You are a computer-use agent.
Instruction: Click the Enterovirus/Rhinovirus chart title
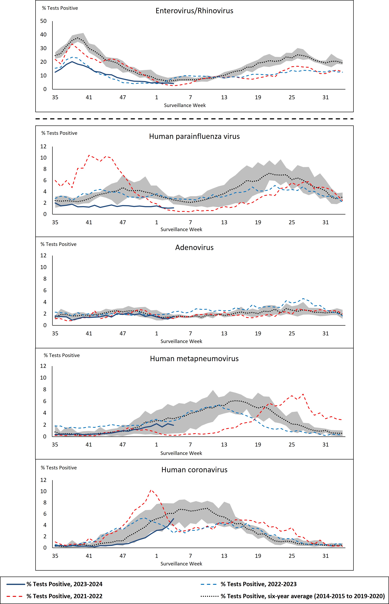[194, 11]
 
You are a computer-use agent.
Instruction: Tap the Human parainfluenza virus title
[194, 136]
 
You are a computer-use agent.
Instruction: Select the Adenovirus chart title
[194, 247]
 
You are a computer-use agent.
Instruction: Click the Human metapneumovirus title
[194, 359]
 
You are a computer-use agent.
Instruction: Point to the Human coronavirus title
[194, 470]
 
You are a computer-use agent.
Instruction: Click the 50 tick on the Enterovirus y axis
[43, 21]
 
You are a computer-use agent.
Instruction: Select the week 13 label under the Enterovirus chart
[224, 97]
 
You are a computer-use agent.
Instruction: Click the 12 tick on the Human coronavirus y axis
[43, 480]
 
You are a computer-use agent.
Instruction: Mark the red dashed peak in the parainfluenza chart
[89, 155]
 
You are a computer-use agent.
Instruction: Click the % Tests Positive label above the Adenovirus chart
[59, 244]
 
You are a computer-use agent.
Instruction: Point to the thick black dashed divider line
[194, 119]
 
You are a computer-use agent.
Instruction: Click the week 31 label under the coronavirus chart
[325, 556]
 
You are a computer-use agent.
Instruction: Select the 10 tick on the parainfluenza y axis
[43, 158]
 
